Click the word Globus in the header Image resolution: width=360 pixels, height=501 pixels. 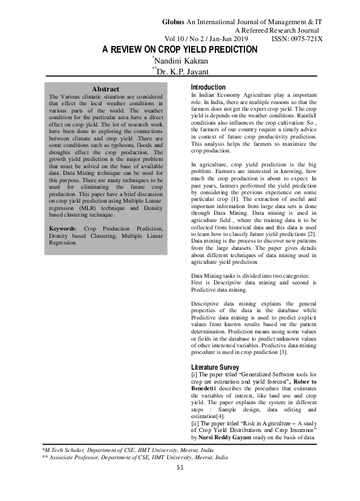[175, 22]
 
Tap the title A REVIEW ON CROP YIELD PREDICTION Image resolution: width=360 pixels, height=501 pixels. [180, 49]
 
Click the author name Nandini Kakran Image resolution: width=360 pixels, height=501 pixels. [182, 61]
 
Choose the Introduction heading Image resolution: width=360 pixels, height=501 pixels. [208, 88]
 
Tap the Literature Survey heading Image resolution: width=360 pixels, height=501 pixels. [214, 367]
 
